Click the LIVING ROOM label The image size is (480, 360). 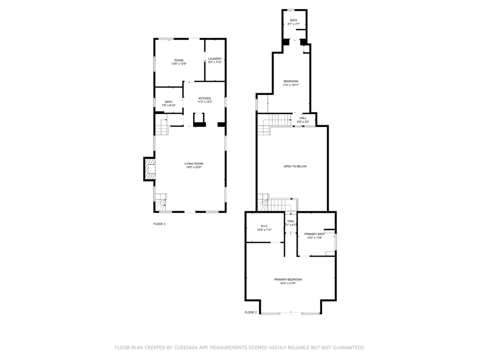pos(194,163)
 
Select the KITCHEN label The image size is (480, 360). pos(205,98)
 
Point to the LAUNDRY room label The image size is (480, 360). pos(215,59)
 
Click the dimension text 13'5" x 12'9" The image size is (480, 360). pos(179,63)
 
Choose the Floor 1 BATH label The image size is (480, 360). pos(169,102)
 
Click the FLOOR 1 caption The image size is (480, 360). pos(159,224)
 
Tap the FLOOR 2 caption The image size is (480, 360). pos(251,312)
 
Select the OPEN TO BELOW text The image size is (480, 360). pos(295,166)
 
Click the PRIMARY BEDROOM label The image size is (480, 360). pos(288,279)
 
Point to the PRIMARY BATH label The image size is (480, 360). pos(315,234)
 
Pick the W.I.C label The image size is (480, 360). pos(264,226)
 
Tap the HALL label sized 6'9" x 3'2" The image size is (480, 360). pos(303,118)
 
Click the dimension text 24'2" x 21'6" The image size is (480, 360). pos(288,283)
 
